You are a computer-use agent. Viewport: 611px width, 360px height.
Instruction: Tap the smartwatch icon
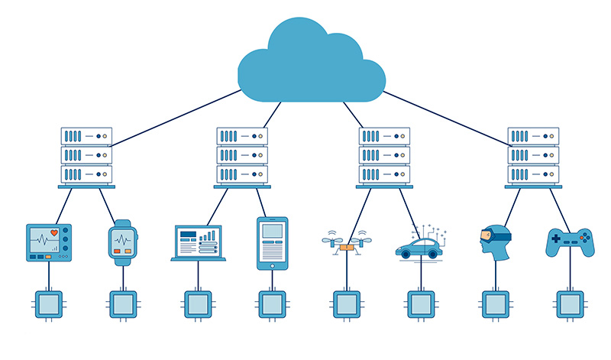click(121, 243)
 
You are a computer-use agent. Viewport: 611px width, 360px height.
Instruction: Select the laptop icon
click(198, 244)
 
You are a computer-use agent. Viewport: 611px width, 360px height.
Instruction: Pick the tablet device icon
click(273, 243)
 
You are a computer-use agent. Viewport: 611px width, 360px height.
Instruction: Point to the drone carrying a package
click(347, 245)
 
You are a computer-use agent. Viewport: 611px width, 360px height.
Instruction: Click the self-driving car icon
click(419, 247)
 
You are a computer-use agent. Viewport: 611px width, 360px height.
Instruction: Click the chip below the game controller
click(570, 304)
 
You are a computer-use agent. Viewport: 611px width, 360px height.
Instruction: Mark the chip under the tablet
click(273, 304)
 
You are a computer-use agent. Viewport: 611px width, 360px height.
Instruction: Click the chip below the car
click(421, 304)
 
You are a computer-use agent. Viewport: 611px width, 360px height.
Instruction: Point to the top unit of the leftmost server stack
click(86, 136)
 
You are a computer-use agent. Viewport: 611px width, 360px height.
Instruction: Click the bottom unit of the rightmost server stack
click(533, 174)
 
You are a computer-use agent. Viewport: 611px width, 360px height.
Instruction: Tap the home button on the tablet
click(273, 265)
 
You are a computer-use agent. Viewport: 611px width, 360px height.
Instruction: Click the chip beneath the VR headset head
click(495, 304)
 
